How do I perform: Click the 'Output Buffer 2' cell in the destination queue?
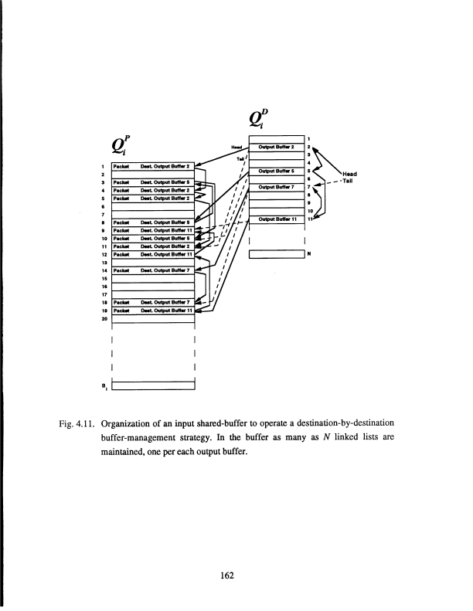(x=276, y=146)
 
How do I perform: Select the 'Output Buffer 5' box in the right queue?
(x=276, y=171)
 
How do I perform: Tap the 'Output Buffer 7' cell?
(x=276, y=187)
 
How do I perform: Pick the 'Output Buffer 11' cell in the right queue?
(x=276, y=219)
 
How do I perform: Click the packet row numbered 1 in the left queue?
(x=153, y=165)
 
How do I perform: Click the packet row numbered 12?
(x=153, y=253)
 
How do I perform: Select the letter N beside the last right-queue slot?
(x=309, y=253)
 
